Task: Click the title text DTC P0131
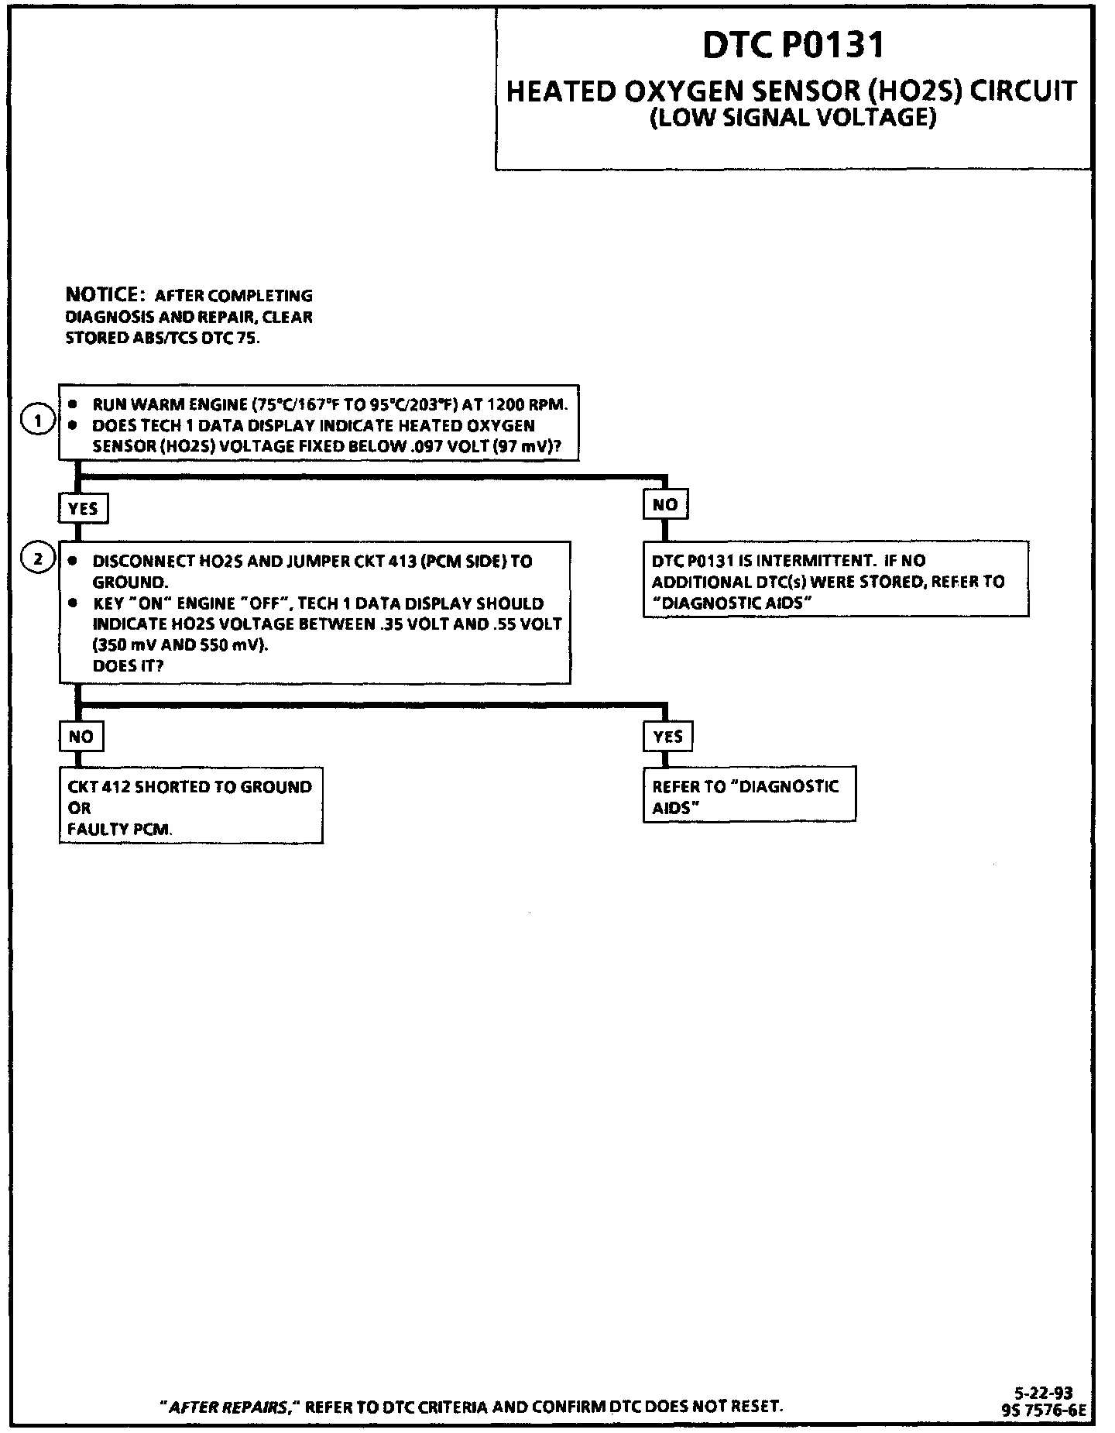tap(793, 46)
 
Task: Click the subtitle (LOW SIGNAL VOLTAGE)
tap(793, 118)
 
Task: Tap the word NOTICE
tap(101, 295)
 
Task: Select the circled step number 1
tap(37, 421)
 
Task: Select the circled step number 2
tap(37, 557)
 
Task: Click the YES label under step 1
tap(83, 508)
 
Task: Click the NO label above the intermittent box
tap(665, 504)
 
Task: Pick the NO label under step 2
tap(81, 736)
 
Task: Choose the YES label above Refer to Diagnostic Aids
tap(667, 736)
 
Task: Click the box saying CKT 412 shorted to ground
tap(190, 806)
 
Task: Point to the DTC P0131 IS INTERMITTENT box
tap(835, 579)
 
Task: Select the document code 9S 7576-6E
tap(1043, 1411)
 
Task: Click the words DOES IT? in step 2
tap(128, 665)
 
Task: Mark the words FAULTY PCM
tap(120, 829)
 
